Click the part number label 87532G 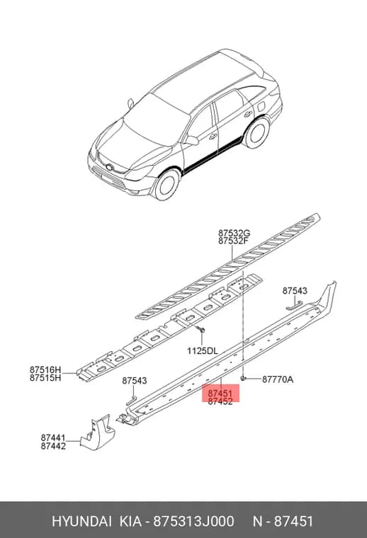[234, 234]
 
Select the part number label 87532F [233, 241]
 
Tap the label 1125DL [202, 350]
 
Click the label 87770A [278, 379]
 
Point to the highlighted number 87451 [220, 394]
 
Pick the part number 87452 [220, 401]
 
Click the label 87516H [45, 370]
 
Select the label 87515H [45, 377]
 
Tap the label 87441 [53, 437]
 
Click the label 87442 [53, 445]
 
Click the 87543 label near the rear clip [295, 291]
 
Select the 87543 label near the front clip [135, 381]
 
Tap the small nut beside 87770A [244, 378]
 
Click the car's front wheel [166, 185]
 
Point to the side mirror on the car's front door [192, 140]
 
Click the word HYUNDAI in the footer [81, 521]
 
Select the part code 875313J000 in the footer [193, 521]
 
